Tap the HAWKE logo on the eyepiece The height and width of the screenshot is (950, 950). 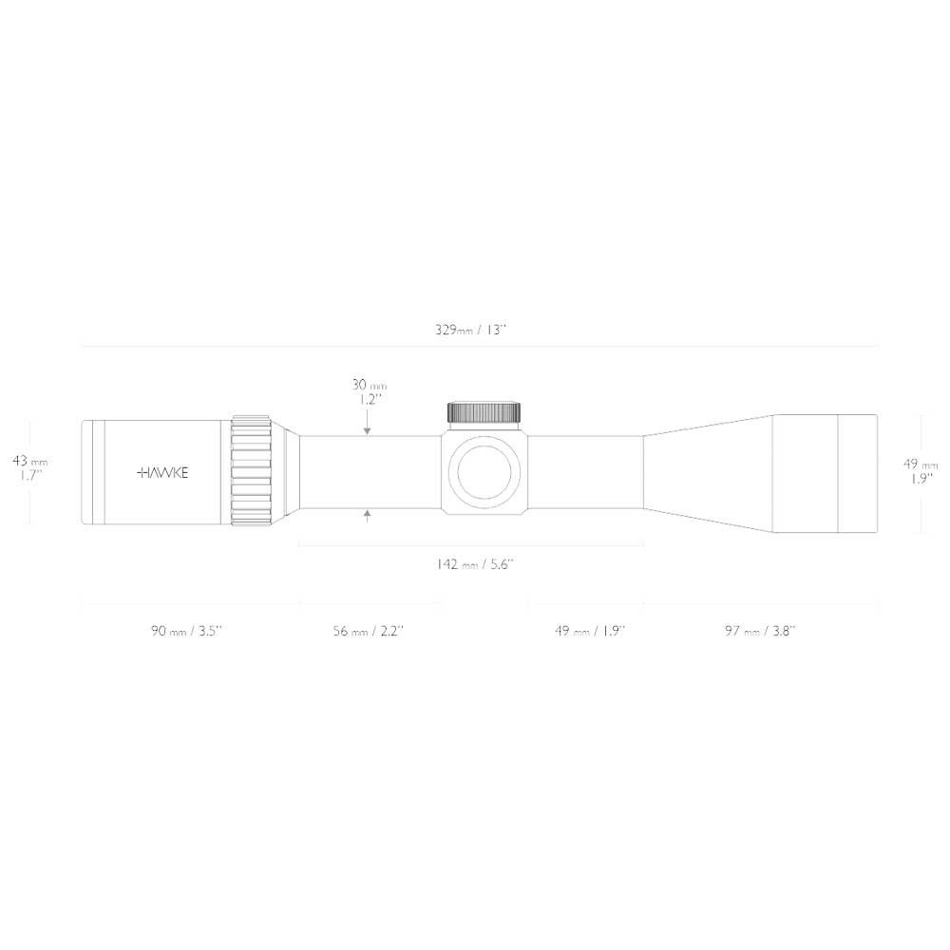[x=162, y=471]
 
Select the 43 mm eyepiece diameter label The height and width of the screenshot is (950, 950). [x=29, y=461]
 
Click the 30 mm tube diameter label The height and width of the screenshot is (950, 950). [x=369, y=385]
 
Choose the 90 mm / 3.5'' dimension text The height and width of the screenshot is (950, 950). [x=186, y=631]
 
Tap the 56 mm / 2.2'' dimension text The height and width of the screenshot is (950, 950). [x=369, y=631]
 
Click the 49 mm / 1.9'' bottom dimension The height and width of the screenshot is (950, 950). [x=590, y=631]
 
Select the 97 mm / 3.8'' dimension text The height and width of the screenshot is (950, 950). [x=760, y=631]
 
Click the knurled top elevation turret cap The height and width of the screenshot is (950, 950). [x=484, y=412]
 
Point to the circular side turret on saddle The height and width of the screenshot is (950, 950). [x=484, y=472]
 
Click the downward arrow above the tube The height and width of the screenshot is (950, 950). [x=368, y=427]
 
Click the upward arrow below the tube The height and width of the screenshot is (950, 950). [x=368, y=516]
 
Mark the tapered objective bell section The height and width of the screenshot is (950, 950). [x=708, y=471]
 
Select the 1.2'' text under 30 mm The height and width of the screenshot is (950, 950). [x=369, y=400]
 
